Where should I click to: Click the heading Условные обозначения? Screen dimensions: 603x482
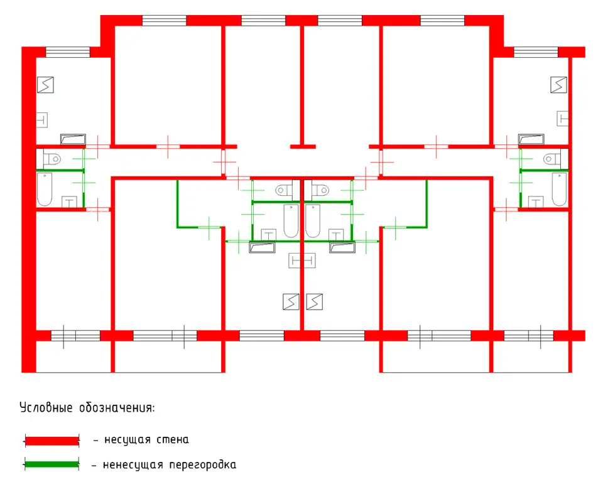tap(87, 407)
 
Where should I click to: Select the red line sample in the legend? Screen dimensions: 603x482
tap(52, 441)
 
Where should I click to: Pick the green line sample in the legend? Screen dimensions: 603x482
tap(52, 464)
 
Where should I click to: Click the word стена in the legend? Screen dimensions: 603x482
tap(173, 439)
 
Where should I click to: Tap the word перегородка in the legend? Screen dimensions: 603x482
tap(203, 464)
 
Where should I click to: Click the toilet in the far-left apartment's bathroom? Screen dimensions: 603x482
tap(49, 159)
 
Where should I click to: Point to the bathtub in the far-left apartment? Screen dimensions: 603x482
tap(45, 189)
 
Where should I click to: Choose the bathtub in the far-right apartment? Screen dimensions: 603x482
tap(559, 189)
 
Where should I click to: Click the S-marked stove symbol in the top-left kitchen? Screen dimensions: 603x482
tap(45, 85)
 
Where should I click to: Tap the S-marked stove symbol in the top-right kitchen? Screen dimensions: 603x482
tap(558, 85)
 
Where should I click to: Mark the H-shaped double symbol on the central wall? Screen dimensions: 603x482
tap(302, 260)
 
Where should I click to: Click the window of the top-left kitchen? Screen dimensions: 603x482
tap(68, 52)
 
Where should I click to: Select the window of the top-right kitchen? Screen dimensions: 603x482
tap(536, 52)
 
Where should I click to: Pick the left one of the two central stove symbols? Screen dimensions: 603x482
tap(291, 302)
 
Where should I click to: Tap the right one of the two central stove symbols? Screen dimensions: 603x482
tap(315, 302)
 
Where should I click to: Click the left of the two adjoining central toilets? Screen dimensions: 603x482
tap(288, 190)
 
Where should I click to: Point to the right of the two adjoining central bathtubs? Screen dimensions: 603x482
tap(313, 221)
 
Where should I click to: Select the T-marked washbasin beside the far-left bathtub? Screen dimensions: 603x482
tap(69, 202)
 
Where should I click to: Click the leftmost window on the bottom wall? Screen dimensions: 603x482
tap(75, 336)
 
